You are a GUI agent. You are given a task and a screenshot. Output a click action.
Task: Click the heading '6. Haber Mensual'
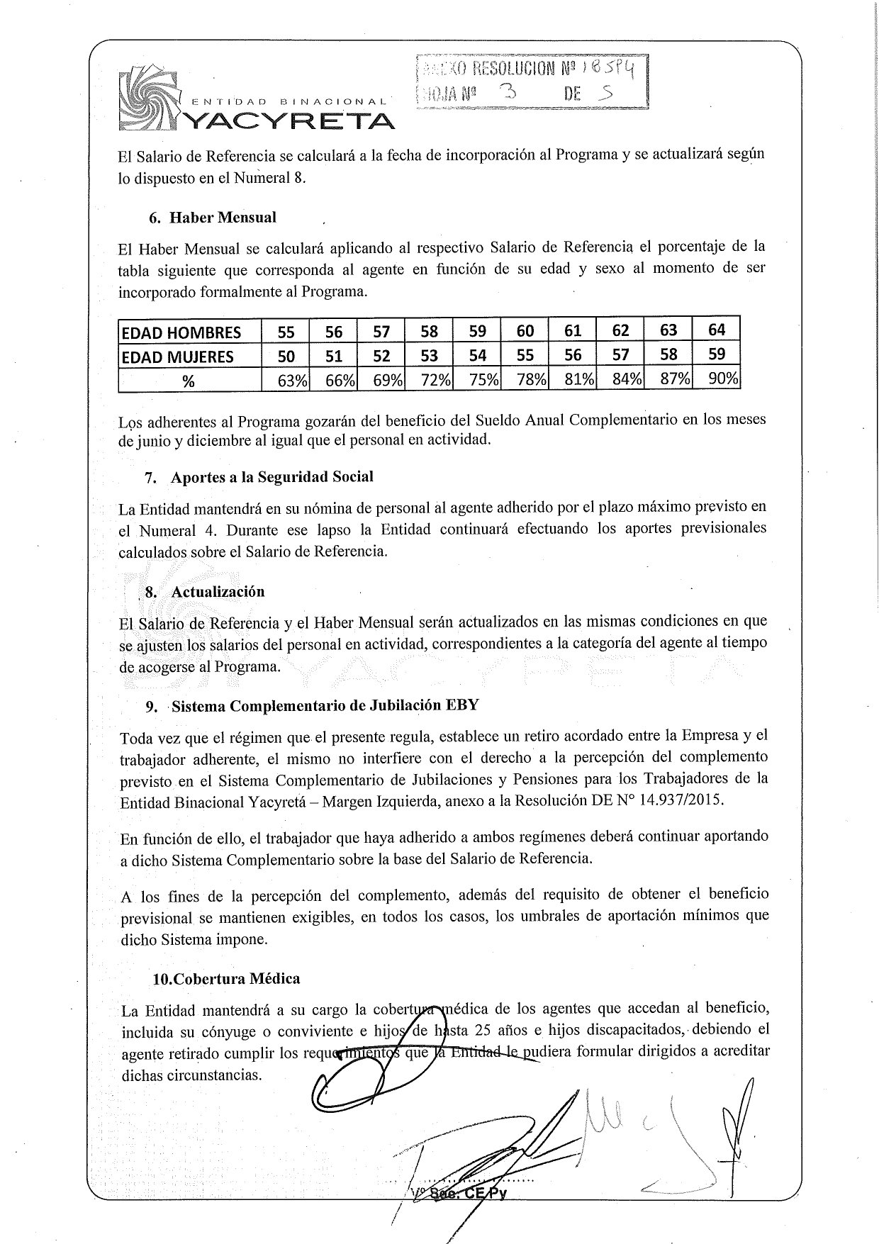pos(213,218)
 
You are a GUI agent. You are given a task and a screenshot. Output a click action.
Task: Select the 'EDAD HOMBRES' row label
pos(181,332)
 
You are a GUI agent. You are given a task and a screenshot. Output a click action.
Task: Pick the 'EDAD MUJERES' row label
pos(178,357)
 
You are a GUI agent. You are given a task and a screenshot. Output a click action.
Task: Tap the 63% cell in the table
pos(291,381)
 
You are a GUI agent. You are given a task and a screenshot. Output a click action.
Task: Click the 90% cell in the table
pos(723,379)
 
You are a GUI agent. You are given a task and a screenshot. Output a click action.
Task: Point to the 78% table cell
pos(531,380)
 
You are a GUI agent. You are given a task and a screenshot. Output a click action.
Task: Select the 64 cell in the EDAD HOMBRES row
pos(717,330)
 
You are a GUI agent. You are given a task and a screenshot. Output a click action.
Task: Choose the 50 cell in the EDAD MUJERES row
pos(286,356)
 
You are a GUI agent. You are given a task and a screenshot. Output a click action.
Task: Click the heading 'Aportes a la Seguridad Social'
pos(271,477)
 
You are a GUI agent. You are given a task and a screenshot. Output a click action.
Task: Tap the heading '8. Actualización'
pos(205,592)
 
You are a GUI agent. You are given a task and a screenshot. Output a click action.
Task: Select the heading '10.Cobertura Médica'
pos(226,979)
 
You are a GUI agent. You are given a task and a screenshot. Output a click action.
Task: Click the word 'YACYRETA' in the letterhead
pos(289,122)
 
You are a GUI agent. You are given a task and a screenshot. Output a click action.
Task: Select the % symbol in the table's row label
pos(188,381)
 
